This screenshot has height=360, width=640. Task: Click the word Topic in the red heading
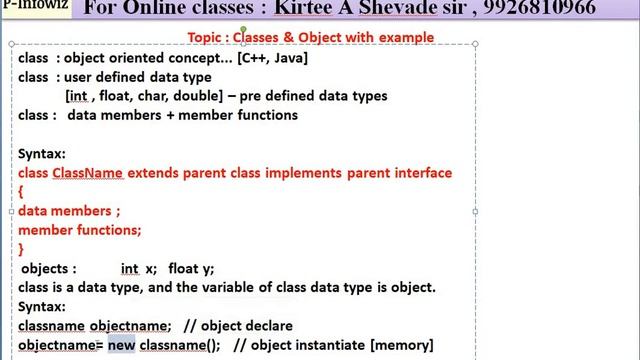coord(206,37)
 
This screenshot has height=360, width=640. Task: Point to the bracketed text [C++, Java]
coord(272,58)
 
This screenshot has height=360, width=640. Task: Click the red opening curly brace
coord(21,192)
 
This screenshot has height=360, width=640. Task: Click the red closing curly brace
coord(21,249)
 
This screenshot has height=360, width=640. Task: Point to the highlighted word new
coord(121,345)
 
